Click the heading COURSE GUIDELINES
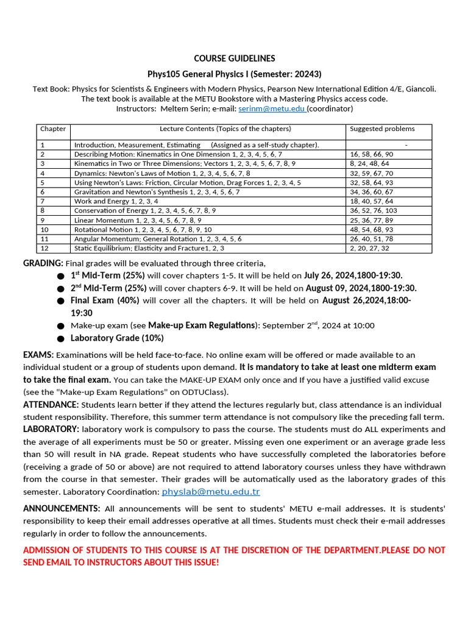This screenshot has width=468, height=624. point(234,58)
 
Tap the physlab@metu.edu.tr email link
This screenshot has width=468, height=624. point(210,491)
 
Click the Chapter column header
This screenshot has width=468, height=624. point(52,129)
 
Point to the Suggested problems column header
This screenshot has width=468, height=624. point(382,129)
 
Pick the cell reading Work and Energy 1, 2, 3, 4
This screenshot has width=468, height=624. point(116,201)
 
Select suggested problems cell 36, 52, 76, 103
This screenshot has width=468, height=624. point(373,210)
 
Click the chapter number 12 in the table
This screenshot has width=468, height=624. point(44,248)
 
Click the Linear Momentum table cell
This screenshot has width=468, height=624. point(138,220)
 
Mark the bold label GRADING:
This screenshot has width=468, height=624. point(43,263)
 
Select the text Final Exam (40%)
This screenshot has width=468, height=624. point(105,300)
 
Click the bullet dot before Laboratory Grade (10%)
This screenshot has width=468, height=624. point(60,339)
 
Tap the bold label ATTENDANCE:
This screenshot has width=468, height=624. point(51,405)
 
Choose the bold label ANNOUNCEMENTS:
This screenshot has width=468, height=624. point(62,508)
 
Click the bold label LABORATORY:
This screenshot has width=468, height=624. point(51,429)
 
